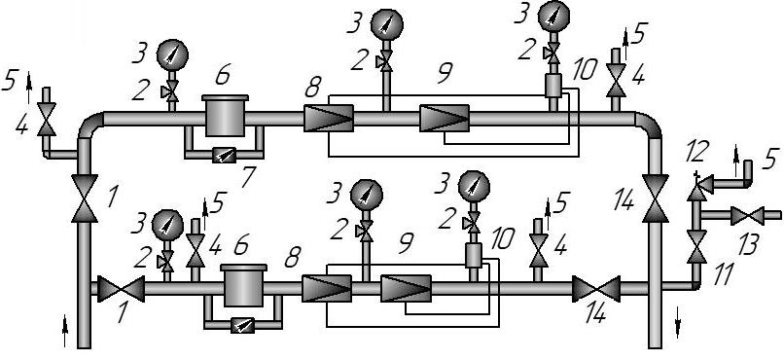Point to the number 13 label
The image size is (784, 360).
(748, 244)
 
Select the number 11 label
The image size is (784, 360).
(723, 274)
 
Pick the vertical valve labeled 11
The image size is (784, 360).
(696, 246)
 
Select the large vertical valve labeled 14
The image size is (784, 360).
(655, 198)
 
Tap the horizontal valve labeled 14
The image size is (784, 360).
(596, 289)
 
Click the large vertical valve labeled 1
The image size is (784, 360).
(84, 198)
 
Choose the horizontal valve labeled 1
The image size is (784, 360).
(121, 289)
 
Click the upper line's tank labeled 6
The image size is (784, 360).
(225, 116)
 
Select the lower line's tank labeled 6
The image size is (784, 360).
(243, 285)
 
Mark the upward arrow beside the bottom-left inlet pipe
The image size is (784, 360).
(64, 331)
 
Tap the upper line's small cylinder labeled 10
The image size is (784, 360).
(553, 86)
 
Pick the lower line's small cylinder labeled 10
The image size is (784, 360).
(473, 256)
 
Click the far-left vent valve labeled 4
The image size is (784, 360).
(47, 120)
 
